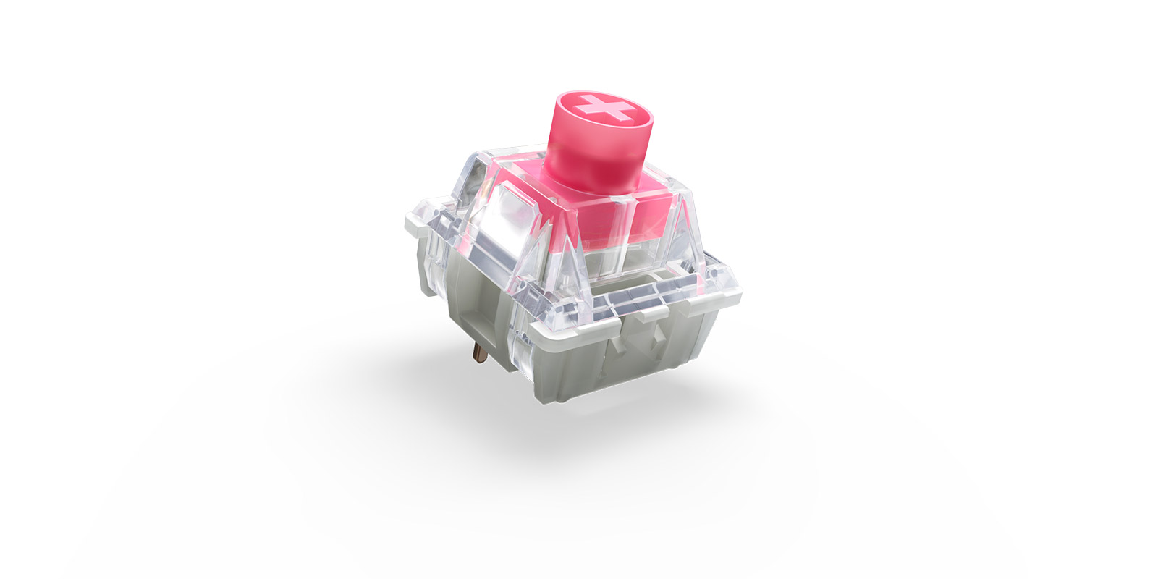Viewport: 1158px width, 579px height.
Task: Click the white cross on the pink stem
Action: coord(604,109)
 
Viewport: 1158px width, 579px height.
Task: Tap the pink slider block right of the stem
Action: coord(651,217)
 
